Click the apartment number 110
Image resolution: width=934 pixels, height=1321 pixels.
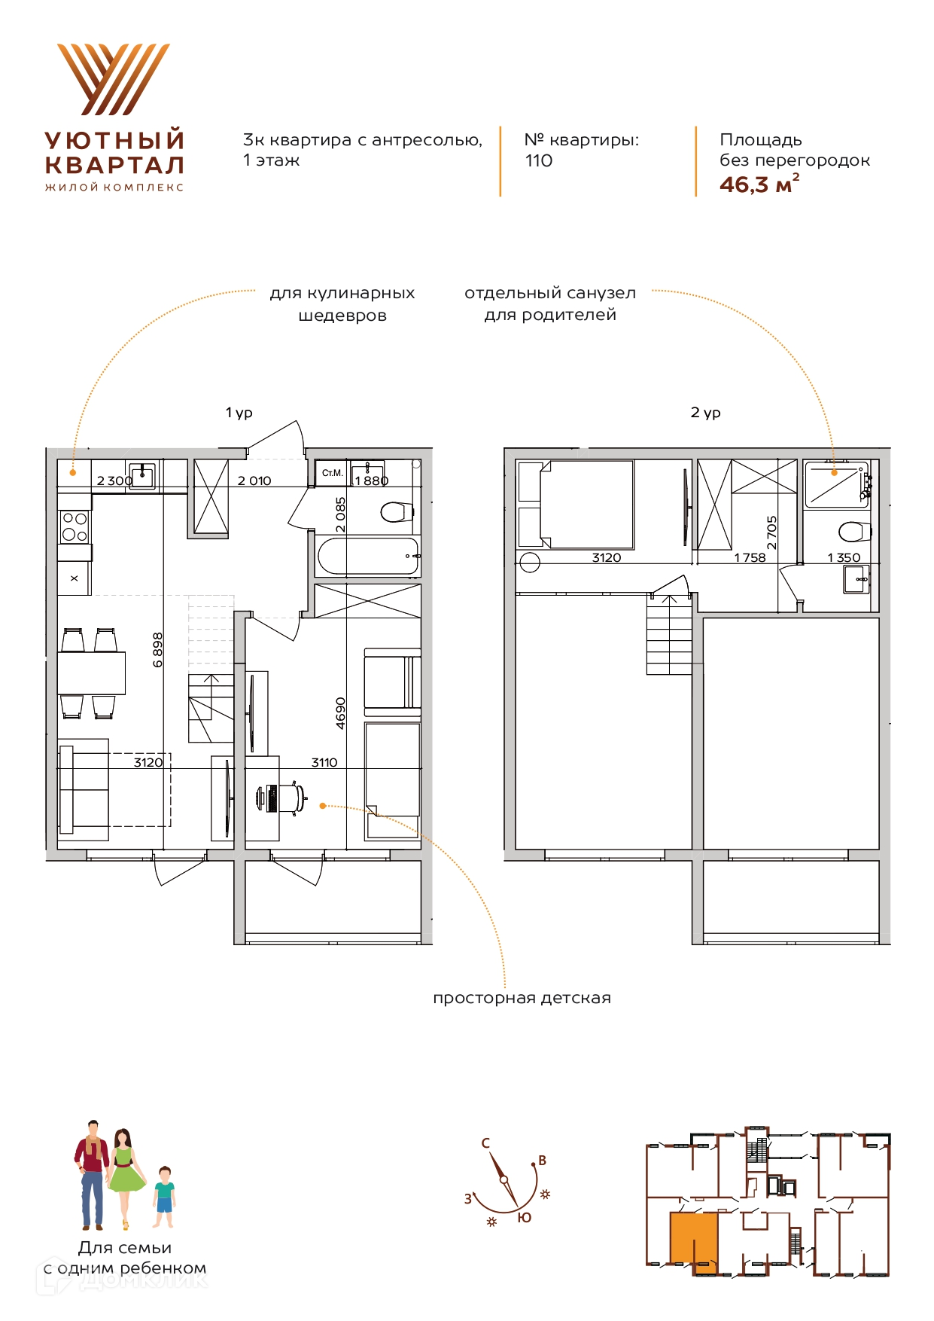(x=538, y=160)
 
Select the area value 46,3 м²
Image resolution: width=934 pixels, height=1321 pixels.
(x=759, y=184)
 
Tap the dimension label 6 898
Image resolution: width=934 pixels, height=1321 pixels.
(x=158, y=649)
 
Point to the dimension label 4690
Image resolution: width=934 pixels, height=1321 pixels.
(x=341, y=712)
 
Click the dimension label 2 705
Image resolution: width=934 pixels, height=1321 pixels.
(x=771, y=532)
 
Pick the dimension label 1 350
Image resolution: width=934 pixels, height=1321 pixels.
(x=844, y=558)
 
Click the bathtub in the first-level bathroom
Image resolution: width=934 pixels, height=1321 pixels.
(x=368, y=557)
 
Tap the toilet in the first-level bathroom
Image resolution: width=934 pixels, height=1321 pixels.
(x=397, y=512)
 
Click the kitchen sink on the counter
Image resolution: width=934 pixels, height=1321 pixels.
(x=142, y=475)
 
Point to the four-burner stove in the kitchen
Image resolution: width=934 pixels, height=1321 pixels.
(x=75, y=526)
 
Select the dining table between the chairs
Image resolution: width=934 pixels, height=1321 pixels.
(x=91, y=673)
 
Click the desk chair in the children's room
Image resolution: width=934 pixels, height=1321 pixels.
(x=282, y=798)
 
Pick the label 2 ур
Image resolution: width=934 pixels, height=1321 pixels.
(x=706, y=413)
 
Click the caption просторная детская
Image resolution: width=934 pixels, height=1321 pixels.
(x=522, y=998)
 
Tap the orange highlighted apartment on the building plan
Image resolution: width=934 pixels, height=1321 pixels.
(x=693, y=1241)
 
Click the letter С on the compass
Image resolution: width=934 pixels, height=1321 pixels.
(x=485, y=1143)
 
